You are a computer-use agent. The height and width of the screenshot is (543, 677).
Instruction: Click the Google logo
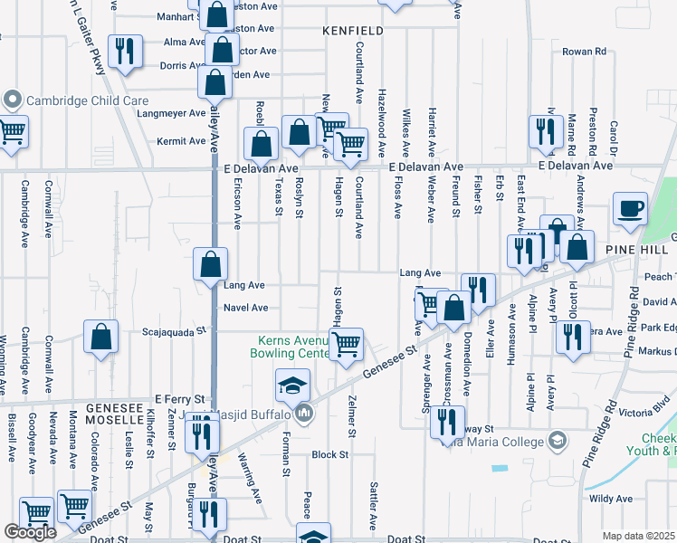[x=30, y=532]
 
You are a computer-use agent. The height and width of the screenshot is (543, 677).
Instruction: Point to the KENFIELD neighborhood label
[x=353, y=31]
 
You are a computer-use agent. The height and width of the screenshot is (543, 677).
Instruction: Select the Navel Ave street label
[x=245, y=308]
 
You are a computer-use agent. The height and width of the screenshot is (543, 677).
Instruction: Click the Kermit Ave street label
[x=181, y=141]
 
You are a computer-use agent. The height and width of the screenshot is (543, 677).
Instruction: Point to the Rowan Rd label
[x=583, y=52]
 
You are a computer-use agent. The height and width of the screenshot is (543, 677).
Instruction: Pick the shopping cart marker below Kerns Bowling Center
[x=346, y=346]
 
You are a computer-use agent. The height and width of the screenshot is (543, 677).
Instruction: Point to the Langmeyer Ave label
[x=172, y=113]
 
